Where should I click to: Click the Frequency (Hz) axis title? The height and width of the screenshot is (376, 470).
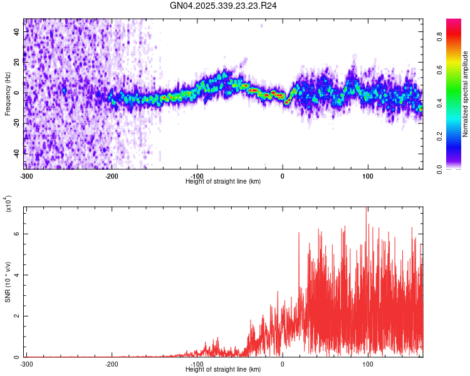(8, 94)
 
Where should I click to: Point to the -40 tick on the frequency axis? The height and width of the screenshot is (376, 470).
(17, 152)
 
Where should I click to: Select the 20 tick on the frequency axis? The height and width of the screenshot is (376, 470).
(17, 63)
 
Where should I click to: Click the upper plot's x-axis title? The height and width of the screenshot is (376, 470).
(224, 181)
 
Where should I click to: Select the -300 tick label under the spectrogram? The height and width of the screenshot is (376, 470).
(26, 175)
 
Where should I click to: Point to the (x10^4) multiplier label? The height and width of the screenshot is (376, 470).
(8, 204)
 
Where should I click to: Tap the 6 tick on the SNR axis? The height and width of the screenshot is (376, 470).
(18, 234)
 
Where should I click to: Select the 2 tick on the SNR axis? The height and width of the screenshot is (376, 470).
(18, 316)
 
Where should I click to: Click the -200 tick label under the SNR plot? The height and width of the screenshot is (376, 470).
(112, 363)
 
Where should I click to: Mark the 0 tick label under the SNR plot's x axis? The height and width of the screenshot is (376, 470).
(283, 363)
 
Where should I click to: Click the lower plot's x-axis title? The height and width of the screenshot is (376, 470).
(224, 369)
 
